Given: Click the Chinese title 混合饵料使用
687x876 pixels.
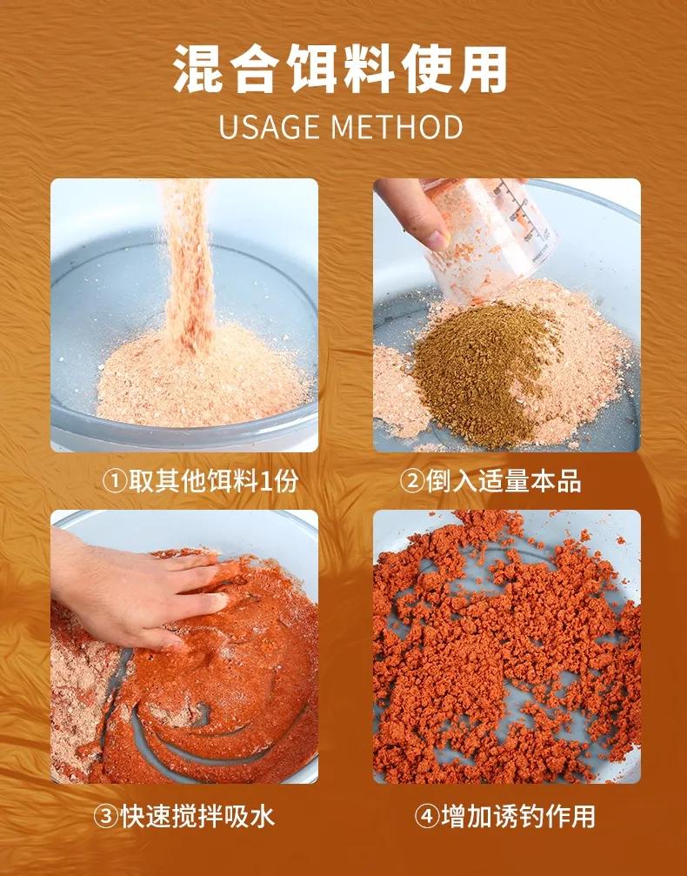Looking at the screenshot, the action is [340, 70].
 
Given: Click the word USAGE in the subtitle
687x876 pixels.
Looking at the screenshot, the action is [268, 127].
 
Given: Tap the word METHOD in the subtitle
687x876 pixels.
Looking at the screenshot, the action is [397, 127].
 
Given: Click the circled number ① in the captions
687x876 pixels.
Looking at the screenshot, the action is [116, 482].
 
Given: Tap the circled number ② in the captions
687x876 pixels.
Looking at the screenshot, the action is [413, 482].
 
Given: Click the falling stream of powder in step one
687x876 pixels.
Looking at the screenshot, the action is [189, 263].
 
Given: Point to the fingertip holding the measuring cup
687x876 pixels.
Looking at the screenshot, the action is [437, 238].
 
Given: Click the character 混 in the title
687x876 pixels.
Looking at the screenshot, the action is [199, 70].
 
